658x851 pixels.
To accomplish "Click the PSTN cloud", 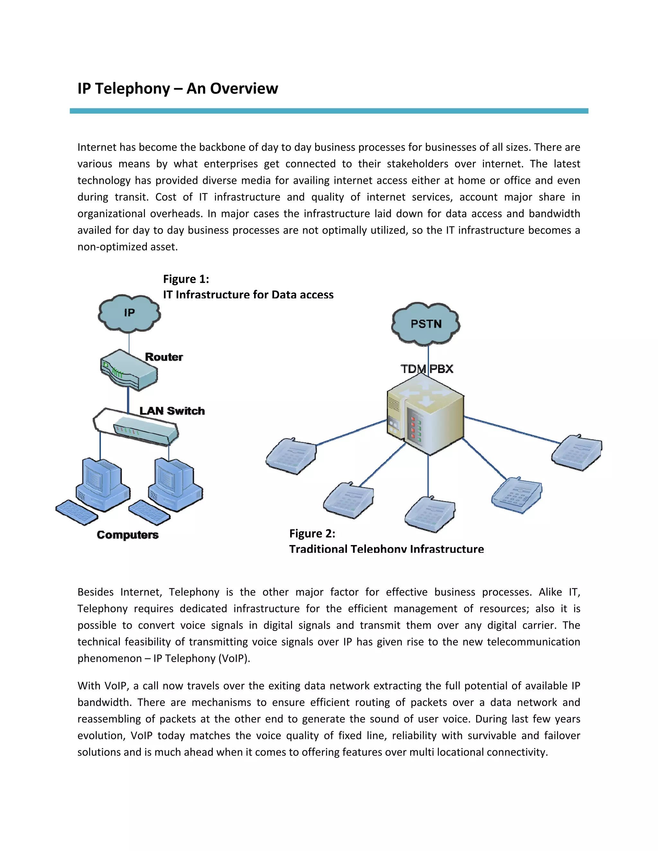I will tap(426, 324).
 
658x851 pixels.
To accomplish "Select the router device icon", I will tap(129, 370).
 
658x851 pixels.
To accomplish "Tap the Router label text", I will tap(164, 357).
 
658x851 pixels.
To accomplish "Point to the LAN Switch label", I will tap(172, 411).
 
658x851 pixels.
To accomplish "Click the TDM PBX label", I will tap(427, 369).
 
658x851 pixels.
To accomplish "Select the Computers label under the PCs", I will tap(128, 535).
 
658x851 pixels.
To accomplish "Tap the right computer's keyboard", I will tap(150, 512).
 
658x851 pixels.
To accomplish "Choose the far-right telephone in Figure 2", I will tap(577, 452).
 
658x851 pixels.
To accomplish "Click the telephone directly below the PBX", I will tap(430, 514).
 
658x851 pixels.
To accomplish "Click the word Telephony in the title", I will tap(133, 88).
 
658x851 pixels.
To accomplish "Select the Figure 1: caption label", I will tap(186, 279).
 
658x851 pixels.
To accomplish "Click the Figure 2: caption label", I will tap(312, 533).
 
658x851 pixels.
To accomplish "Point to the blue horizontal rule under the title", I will tap(329, 111).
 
